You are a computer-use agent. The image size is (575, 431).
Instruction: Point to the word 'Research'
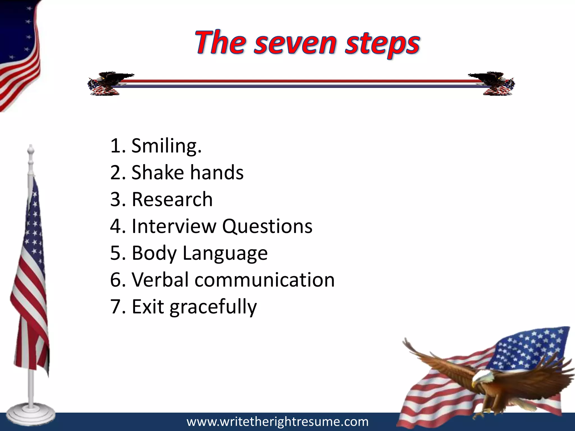[172, 199]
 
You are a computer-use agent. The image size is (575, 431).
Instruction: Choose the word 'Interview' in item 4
[174, 226]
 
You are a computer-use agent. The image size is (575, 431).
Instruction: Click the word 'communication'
[264, 280]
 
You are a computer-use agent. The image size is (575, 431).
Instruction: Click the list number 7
[115, 307]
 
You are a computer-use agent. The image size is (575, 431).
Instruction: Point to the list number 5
[115, 253]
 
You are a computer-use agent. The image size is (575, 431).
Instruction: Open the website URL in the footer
[277, 422]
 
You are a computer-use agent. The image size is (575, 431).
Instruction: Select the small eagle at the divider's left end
[107, 84]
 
